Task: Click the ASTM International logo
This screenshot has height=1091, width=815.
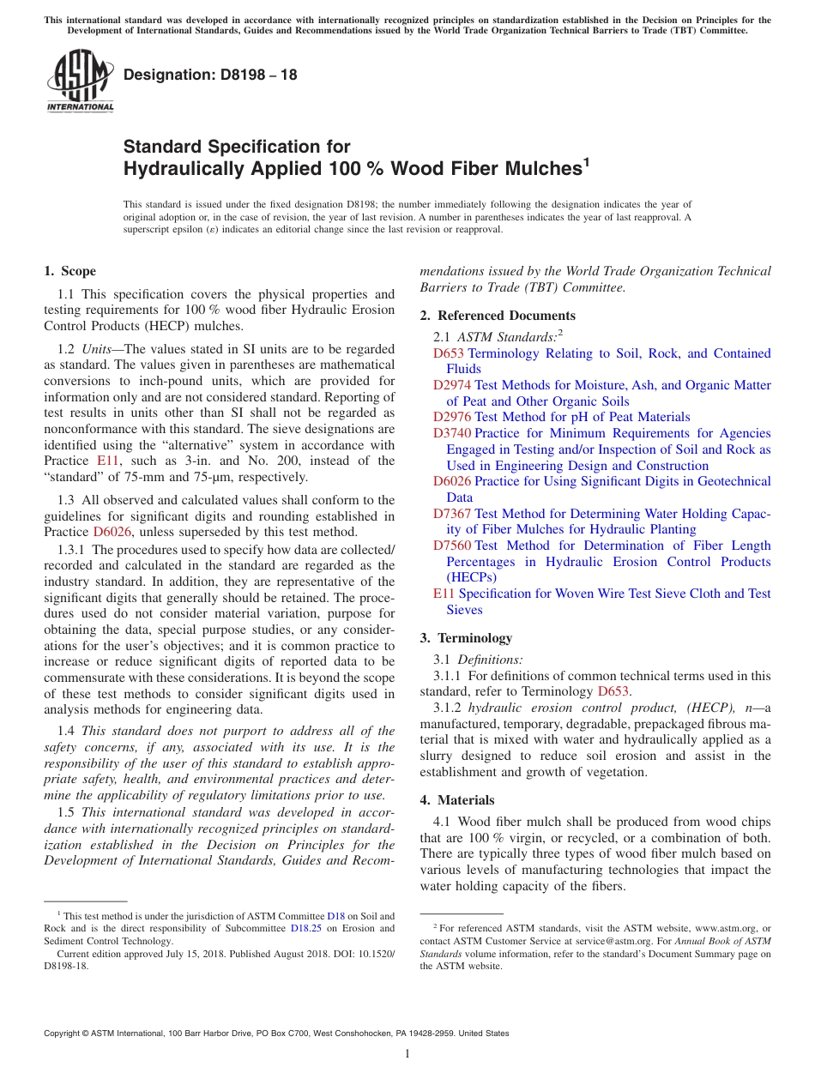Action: (x=79, y=81)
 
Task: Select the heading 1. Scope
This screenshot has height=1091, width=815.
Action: (x=70, y=271)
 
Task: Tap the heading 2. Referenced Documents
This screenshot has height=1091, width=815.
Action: (x=498, y=316)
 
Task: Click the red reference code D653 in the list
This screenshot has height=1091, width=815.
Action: (x=448, y=353)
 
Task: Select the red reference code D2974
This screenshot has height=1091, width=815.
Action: (x=451, y=385)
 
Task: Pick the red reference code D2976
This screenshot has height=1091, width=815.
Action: (x=451, y=417)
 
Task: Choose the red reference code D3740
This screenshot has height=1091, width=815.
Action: (x=451, y=433)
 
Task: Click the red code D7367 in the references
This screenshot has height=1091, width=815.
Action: (x=451, y=513)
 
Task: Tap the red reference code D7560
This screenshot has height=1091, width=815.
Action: (x=451, y=545)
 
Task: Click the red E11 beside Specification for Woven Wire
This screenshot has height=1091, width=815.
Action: (x=443, y=594)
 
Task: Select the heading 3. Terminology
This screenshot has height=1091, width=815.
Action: (x=466, y=638)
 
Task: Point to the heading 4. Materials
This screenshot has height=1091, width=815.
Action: (x=457, y=800)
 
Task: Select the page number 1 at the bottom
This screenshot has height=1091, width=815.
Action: (x=407, y=1054)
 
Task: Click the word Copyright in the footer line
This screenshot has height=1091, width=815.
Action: (x=63, y=1034)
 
